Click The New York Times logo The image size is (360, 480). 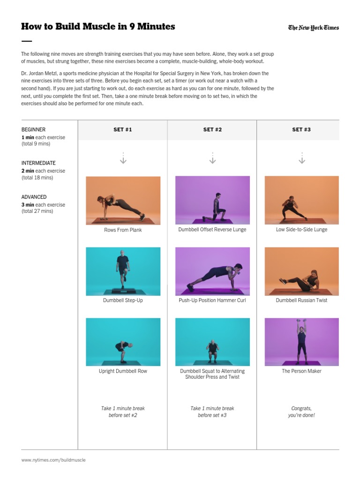coord(313,28)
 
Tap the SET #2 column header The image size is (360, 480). coord(212,130)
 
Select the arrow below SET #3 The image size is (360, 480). coord(301,158)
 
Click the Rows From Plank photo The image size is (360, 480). coord(123,201)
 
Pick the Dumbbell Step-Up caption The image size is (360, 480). coord(123,300)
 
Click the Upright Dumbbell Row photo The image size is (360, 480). coord(123,342)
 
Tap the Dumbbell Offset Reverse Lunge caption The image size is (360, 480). coord(212,230)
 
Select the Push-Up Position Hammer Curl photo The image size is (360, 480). coord(212,271)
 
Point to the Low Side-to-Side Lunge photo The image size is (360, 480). coord(301,201)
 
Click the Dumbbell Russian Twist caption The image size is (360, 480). coord(301,300)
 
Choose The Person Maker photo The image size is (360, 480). coord(301,342)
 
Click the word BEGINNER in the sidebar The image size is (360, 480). coord(34,129)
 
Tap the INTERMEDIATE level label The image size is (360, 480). coord(38,163)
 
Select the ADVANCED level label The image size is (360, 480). coord(34,197)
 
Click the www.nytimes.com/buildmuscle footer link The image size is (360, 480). coord(53,460)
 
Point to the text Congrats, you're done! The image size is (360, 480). coord(301,412)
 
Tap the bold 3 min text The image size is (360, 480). coord(28,205)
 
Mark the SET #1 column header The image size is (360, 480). coord(123,130)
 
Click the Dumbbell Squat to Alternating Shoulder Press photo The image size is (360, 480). coord(212,342)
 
